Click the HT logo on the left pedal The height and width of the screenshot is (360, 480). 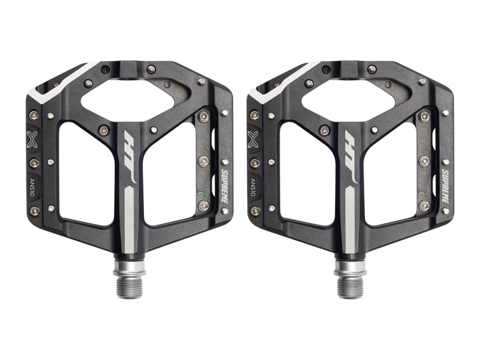click(x=131, y=157)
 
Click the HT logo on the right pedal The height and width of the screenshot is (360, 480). click(x=352, y=157)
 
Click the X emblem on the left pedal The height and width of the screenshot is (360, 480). click(x=32, y=139)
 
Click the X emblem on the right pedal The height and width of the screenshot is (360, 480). click(x=253, y=139)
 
